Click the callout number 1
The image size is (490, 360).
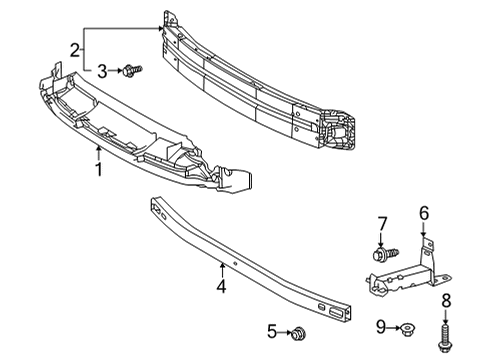tap(98, 171)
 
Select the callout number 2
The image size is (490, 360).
tap(75, 50)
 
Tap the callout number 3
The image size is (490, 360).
tap(102, 70)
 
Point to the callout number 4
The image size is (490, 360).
tap(221, 287)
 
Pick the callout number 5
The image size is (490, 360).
tap(271, 331)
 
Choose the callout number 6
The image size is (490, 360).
tap(423, 212)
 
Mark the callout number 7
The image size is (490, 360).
tap(381, 222)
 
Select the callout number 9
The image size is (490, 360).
tap(381, 326)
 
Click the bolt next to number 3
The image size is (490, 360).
tap(133, 69)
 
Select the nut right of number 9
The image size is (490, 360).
tap(408, 326)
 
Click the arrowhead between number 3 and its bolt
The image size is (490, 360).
tap(119, 70)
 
